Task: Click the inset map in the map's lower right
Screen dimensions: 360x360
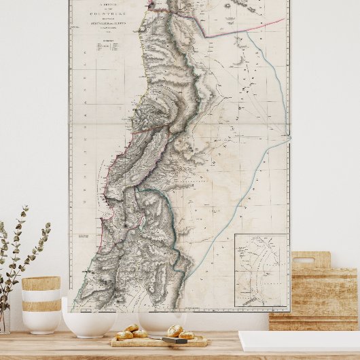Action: pyautogui.click(x=262, y=270)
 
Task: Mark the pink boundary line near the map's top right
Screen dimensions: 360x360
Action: pyautogui.click(x=245, y=28)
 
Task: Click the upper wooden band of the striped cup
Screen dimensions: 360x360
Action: pyautogui.click(x=41, y=283)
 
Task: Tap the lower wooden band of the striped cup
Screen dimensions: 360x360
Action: pyautogui.click(x=41, y=306)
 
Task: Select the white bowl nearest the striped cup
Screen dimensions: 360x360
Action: pyautogui.click(x=88, y=319)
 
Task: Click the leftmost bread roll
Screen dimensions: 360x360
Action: pyautogui.click(x=124, y=335)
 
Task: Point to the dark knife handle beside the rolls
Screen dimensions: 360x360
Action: pyautogui.click(x=175, y=340)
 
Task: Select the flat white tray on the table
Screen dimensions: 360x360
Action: pyautogui.click(x=299, y=341)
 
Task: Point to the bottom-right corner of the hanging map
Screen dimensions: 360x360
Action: pyautogui.click(x=289, y=312)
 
